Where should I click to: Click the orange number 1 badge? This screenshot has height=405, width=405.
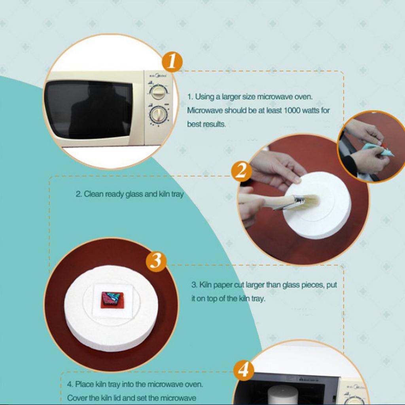[172, 61]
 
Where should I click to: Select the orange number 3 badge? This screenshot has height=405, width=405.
[156, 261]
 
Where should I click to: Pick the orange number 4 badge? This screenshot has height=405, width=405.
[243, 370]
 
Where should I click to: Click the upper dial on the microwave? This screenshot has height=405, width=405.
[158, 93]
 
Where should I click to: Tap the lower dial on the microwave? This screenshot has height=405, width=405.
[158, 115]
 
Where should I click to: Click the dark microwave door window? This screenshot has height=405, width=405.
[88, 109]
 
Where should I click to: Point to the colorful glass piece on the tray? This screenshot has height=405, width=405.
[112, 299]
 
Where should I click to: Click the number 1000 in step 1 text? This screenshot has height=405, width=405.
[292, 110]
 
